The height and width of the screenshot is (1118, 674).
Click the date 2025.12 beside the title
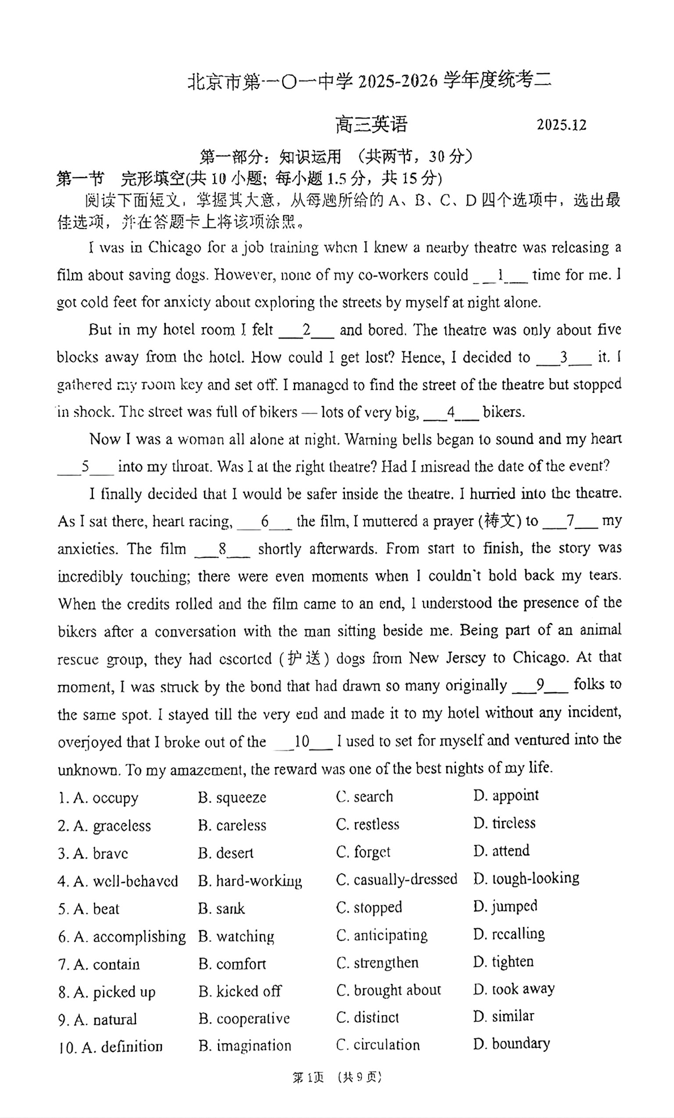pos(561,125)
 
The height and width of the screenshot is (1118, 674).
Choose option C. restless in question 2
pos(368,824)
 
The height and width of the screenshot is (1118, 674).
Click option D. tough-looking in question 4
pos(526,879)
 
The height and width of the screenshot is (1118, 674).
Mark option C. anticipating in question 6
pos(382,935)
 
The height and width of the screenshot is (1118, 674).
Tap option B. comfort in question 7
pos(232,964)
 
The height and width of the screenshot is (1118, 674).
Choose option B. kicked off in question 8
pos(240,991)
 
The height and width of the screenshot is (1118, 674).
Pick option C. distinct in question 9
pos(368,1018)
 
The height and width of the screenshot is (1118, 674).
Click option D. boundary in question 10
pos(511,1044)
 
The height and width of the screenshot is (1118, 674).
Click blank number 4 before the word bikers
pos(451,412)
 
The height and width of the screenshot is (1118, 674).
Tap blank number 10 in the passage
pos(302,742)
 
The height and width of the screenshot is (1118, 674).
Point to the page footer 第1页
pos(308,1077)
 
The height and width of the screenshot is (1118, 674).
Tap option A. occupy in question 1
pos(98,798)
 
